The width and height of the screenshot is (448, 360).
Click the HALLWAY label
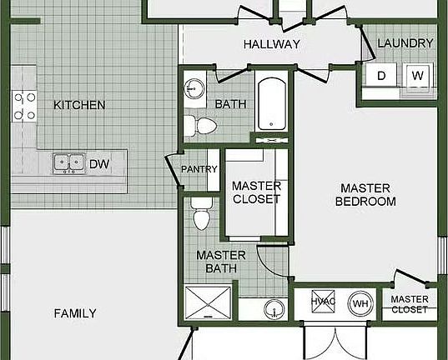pyautogui.click(x=272, y=44)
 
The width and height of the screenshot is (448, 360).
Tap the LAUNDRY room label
pyautogui.click(x=405, y=43)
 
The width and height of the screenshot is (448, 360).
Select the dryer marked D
pyautogui.click(x=381, y=75)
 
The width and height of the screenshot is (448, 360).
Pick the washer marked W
pyautogui.click(x=417, y=75)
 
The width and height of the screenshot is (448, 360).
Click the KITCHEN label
pyautogui.click(x=79, y=105)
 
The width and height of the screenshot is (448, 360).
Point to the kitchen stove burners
pyautogui.click(x=24, y=106)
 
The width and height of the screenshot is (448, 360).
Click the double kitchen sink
pyautogui.click(x=69, y=163)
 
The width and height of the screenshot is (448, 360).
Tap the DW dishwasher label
pyautogui.click(x=99, y=164)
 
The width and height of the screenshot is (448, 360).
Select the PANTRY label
pyautogui.click(x=199, y=169)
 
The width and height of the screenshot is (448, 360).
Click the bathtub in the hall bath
pyautogui.click(x=272, y=104)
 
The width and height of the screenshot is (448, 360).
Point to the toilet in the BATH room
pyautogui.click(x=201, y=126)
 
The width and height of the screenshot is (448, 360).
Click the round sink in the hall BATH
pyautogui.click(x=194, y=88)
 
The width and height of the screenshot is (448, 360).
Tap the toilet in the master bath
pyautogui.click(x=201, y=213)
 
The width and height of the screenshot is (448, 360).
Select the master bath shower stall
pyautogui.click(x=208, y=302)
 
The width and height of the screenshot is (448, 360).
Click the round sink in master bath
pyautogui.click(x=274, y=309)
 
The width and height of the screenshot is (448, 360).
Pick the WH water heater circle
pyautogui.click(x=360, y=303)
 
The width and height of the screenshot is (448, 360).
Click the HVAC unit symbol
pyautogui.click(x=323, y=302)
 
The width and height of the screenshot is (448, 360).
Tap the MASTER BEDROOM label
pyautogui.click(x=365, y=195)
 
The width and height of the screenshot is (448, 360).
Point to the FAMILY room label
pyautogui.click(x=75, y=313)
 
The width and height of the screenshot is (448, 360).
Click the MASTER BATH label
pyautogui.click(x=221, y=262)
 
